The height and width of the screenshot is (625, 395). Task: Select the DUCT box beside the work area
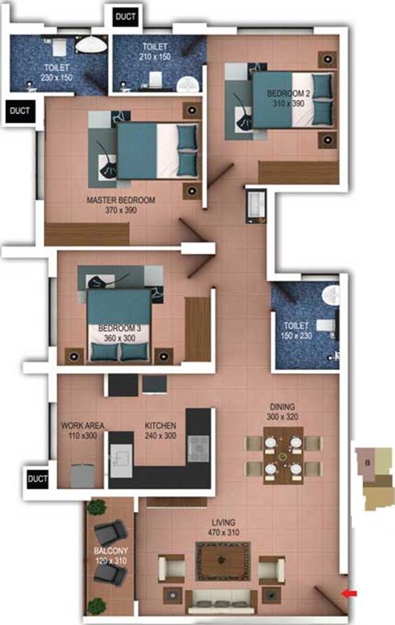click(37, 479)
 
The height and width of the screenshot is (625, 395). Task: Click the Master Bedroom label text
click(120, 204)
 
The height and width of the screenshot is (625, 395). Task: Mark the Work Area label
click(80, 431)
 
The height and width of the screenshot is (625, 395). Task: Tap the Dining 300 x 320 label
click(283, 412)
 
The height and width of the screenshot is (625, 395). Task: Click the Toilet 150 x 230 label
click(298, 324)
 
